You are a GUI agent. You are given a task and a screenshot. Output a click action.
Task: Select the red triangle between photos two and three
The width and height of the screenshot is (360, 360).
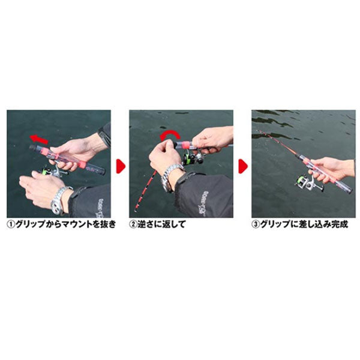coord(243,164)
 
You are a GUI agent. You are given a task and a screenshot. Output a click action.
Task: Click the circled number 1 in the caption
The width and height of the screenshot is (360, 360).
coord(11,225)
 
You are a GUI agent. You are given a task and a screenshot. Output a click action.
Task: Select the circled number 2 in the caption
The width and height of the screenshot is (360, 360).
coord(134,225)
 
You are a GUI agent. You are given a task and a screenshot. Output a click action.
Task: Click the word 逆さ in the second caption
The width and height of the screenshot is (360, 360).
coord(146,225)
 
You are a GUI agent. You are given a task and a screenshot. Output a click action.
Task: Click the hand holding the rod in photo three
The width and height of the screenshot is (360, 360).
coord(331,167)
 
